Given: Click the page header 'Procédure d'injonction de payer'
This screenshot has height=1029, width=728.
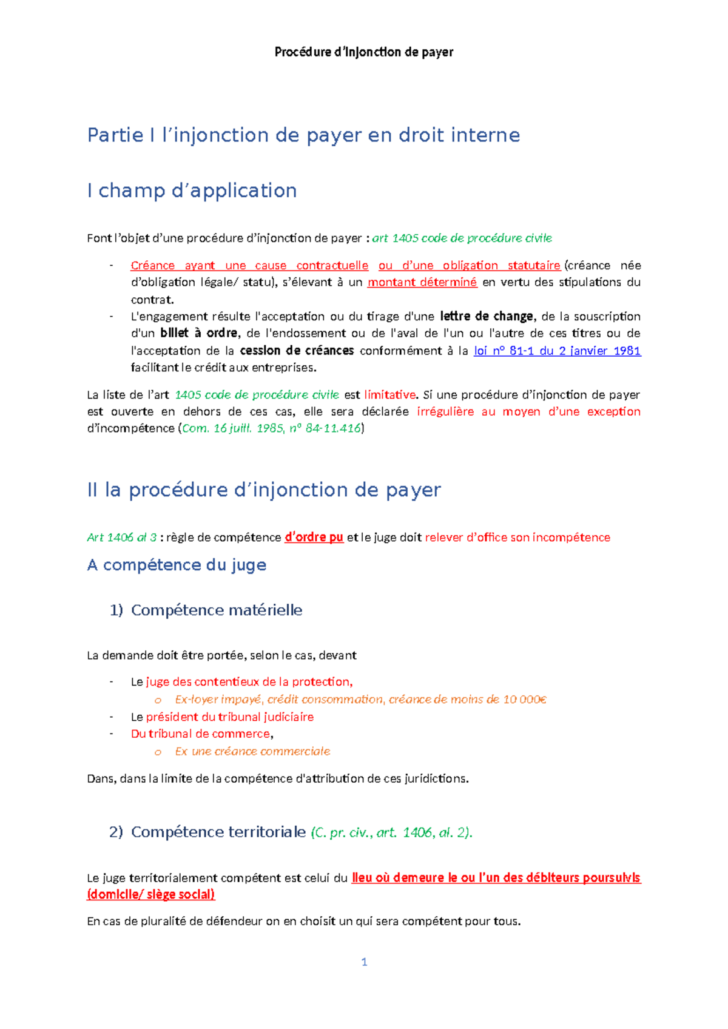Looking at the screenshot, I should click(364, 52).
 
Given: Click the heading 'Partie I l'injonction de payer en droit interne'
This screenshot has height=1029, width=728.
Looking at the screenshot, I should click(303, 135).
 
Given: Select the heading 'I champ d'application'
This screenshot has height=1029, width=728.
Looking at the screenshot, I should click(192, 191).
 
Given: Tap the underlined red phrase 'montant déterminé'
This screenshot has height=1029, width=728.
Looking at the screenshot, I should click(422, 282).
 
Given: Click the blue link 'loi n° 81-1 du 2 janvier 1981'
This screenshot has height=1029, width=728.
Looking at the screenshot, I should click(557, 351).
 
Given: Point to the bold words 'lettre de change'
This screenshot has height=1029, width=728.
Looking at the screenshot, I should click(487, 316).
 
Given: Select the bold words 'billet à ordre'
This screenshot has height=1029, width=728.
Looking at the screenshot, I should click(198, 333).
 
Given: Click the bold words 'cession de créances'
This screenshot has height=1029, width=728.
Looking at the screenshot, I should click(297, 351).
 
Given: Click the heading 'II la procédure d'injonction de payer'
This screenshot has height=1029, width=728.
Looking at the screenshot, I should click(264, 490).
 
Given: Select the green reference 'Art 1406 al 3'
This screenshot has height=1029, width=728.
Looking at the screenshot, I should click(122, 538).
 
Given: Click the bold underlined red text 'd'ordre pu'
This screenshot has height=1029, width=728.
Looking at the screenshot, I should click(314, 538).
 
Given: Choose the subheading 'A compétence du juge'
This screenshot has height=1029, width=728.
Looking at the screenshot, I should click(177, 565).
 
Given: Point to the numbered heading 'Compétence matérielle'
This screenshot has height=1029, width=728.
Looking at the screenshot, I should click(217, 610).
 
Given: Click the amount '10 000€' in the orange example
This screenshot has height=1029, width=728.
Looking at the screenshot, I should click(525, 700).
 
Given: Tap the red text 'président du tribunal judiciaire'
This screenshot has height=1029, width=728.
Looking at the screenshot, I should click(230, 717).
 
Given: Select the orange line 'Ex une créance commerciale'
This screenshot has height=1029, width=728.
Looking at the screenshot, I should click(252, 752).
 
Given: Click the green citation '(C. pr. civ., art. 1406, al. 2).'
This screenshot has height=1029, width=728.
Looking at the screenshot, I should click(391, 832).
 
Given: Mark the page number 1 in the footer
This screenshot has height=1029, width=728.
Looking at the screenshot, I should click(364, 962).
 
